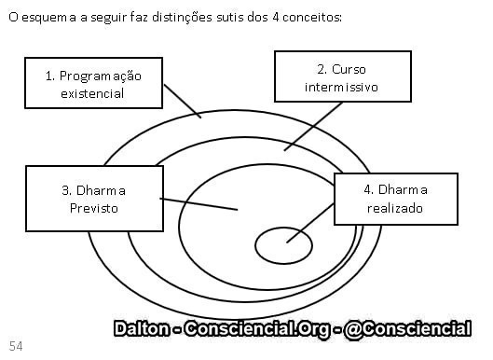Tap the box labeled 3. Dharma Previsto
pyautogui.click(x=93, y=199)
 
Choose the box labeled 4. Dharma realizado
pyautogui.click(x=395, y=199)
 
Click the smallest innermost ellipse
pyautogui.click(x=283, y=244)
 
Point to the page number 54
pyautogui.click(x=17, y=345)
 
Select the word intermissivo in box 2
pyautogui.click(x=342, y=88)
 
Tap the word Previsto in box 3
pyautogui.click(x=94, y=208)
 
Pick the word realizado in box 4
pyautogui.click(x=395, y=208)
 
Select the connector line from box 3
pyautogui.click(x=200, y=203)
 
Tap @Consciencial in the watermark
pyautogui.click(x=407, y=328)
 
